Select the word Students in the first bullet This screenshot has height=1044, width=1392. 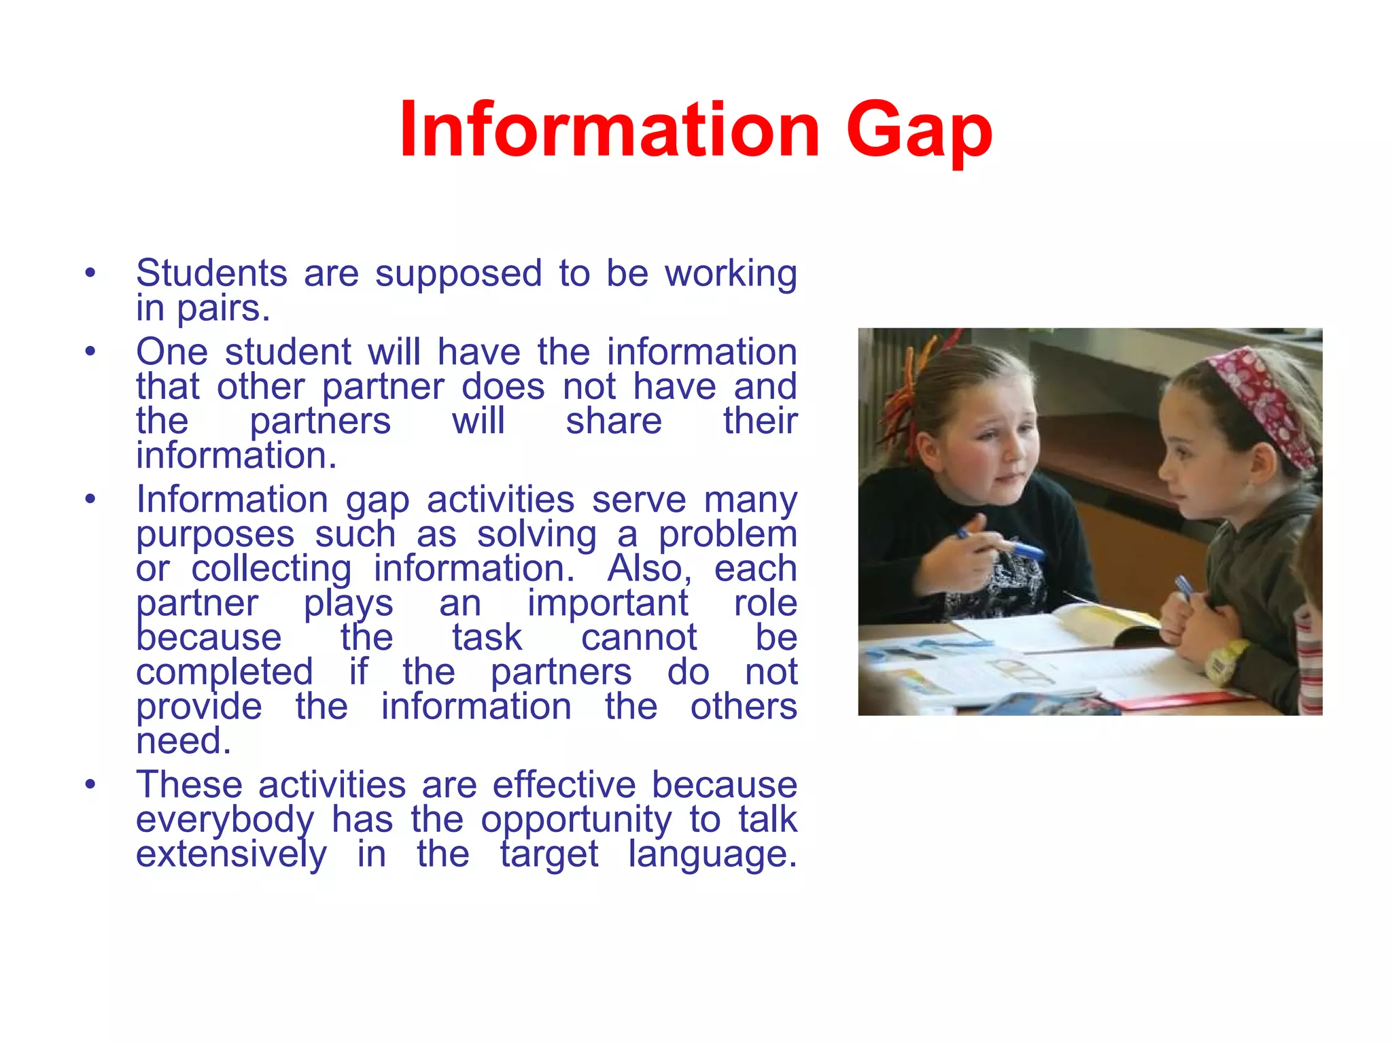(211, 273)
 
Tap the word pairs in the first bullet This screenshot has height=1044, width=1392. (223, 309)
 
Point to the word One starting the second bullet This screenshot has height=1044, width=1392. (171, 352)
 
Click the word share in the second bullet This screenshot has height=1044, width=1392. (614, 421)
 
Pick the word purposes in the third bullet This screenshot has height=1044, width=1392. (215, 534)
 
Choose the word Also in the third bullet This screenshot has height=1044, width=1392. (649, 568)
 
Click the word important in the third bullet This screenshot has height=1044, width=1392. (608, 603)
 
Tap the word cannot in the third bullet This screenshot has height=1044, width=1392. (639, 638)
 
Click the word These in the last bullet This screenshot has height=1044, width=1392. (189, 785)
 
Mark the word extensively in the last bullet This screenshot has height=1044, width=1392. (231, 854)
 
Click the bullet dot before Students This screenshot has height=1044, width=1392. (90, 274)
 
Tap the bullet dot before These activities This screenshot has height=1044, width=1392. (90, 786)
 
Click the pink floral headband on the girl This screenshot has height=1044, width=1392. (1263, 401)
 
